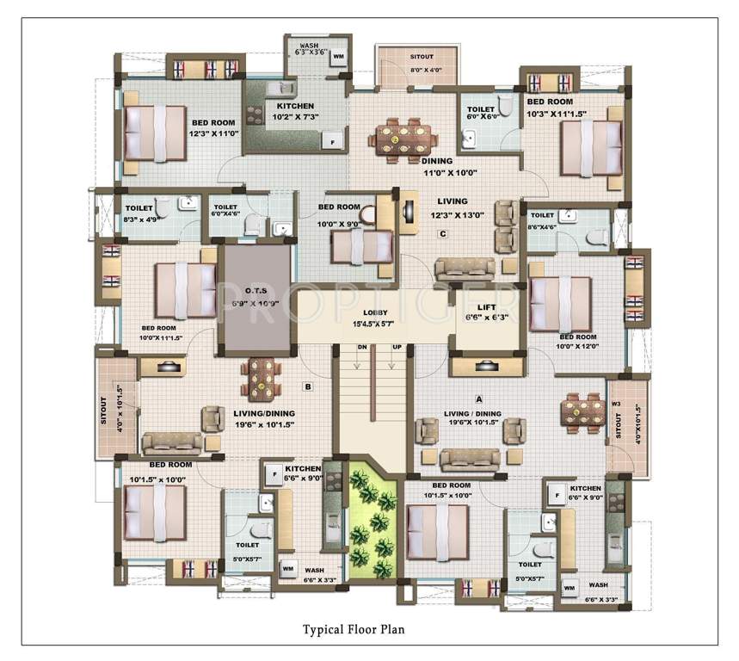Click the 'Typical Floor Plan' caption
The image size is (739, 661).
click(353, 629)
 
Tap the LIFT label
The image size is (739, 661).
click(487, 306)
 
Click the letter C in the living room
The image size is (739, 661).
click(442, 233)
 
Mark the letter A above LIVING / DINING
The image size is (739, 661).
click(477, 398)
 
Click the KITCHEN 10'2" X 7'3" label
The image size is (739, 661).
click(296, 111)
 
